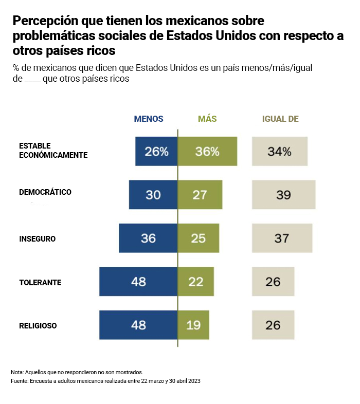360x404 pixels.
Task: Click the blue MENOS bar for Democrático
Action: [x=153, y=195]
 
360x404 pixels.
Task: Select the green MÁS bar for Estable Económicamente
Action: [x=207, y=151]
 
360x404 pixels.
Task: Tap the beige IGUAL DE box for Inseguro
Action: [x=282, y=238]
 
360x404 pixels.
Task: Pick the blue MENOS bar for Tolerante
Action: [x=138, y=282]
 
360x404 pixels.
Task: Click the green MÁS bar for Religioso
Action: [x=194, y=325]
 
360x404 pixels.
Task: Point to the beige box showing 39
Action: [x=283, y=195]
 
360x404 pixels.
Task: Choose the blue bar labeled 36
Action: [x=148, y=238]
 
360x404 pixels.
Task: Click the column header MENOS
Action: [x=149, y=119]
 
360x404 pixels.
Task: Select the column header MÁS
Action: [x=207, y=119]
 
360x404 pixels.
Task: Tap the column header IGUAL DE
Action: [x=280, y=119]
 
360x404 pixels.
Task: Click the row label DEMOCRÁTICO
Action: [x=45, y=192]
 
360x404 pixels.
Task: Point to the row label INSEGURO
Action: [x=37, y=239]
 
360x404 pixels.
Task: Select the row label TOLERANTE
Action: [x=40, y=283]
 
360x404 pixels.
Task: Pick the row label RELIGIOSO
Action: [x=38, y=326]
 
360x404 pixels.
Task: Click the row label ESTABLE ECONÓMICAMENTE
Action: [x=53, y=150]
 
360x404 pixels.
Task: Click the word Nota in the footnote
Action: [x=16, y=372]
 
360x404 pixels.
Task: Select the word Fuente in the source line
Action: [x=19, y=381]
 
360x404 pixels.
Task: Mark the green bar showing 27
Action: [x=200, y=195]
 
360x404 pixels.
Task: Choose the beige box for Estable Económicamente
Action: [x=280, y=151]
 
